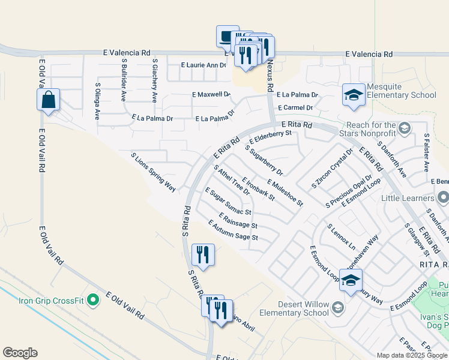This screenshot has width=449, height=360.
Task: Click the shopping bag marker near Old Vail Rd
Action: pyautogui.click(x=49, y=100)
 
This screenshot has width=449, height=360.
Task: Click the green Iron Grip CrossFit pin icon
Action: pyautogui.click(x=92, y=299)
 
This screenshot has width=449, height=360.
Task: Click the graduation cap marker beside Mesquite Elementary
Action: pyautogui.click(x=354, y=95)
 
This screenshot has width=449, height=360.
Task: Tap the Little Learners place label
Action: pyautogui.click(x=411, y=198)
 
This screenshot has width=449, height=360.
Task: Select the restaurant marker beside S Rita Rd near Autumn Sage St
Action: pyautogui.click(x=202, y=254)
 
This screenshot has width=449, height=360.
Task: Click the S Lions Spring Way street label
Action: pyautogui.click(x=153, y=172)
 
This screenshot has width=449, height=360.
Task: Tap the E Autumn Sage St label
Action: pyautogui.click(x=233, y=230)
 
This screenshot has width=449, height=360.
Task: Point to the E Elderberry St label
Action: pyautogui.click(x=270, y=137)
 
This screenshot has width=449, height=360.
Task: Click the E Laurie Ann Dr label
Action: pyautogui.click(x=203, y=65)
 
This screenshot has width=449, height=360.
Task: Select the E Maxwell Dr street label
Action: pyautogui.click(x=211, y=94)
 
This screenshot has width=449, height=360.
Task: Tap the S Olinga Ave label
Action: pyautogui.click(x=97, y=101)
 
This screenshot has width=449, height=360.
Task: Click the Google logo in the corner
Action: pyautogui.click(x=20, y=353)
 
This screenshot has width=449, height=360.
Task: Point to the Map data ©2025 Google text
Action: pyautogui.click(x=412, y=355)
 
